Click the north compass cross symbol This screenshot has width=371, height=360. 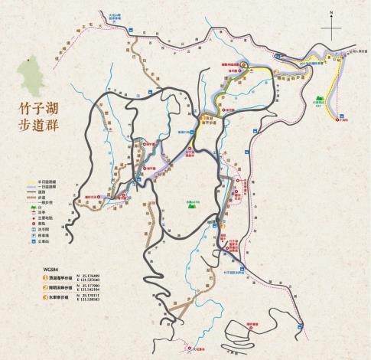coord(332,28)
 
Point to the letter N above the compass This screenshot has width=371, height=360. coord(331,13)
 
